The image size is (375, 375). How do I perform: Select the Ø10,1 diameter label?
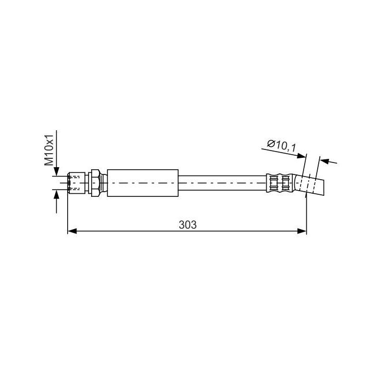point(281,147)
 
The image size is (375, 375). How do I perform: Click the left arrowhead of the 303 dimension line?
point(72,231)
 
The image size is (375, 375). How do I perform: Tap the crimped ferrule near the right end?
point(280,183)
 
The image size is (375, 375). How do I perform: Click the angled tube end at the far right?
point(312,186)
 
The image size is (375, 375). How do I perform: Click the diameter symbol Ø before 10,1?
point(270,144)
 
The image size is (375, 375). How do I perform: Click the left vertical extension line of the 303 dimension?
point(68,214)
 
